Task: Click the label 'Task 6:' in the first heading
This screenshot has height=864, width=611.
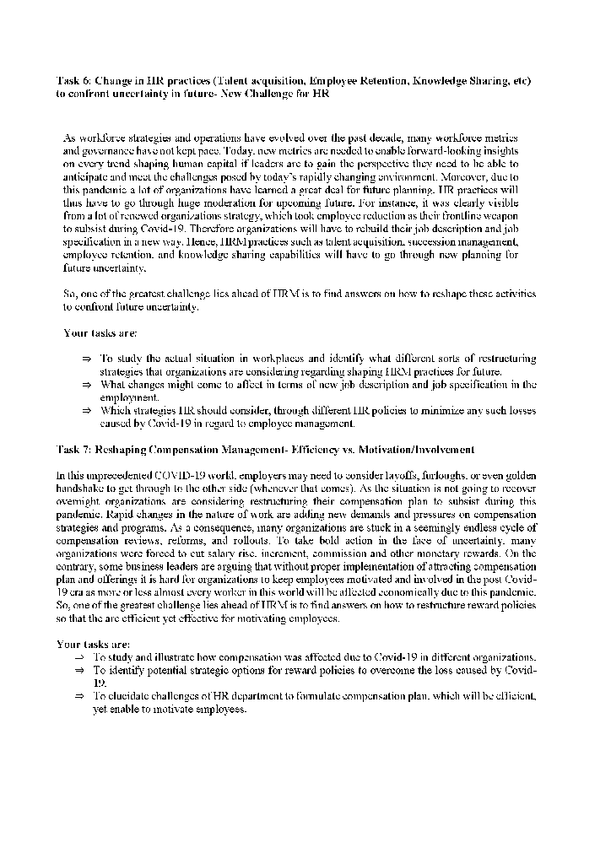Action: (x=73, y=81)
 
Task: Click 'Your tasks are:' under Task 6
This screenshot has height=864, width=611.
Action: (x=94, y=332)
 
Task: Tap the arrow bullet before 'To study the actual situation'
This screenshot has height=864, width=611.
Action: (x=86, y=359)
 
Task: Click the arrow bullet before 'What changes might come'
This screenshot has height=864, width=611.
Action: (x=86, y=384)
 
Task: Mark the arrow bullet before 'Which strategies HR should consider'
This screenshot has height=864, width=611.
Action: (x=86, y=410)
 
